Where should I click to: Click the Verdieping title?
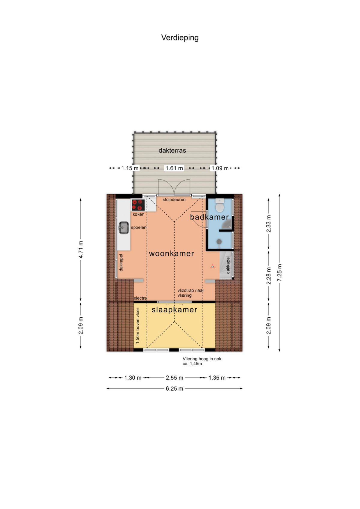point(180,37)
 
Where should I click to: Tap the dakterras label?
point(172,151)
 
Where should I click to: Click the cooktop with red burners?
point(138,205)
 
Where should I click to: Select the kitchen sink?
point(124,227)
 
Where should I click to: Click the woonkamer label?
point(171,253)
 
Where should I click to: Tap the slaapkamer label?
point(174,310)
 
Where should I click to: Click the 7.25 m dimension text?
point(279,273)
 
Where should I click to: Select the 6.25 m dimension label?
point(174,388)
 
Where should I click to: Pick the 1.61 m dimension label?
point(174,168)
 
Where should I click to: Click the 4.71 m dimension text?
point(81,249)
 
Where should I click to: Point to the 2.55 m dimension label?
point(174,378)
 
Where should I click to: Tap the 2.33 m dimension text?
point(268,223)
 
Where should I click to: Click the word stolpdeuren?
point(174,200)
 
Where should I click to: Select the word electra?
point(140,298)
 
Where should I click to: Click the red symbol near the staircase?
point(212,267)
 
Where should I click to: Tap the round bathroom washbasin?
point(219,241)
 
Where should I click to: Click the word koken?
point(138,214)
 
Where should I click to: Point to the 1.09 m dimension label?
point(220,168)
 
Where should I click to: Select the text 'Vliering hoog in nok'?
point(202,359)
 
